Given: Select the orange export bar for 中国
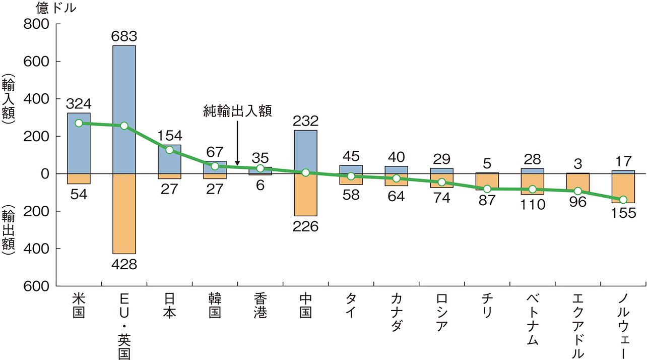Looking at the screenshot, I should pyautogui.click(x=305, y=195).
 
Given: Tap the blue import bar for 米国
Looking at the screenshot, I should pyautogui.click(x=79, y=143).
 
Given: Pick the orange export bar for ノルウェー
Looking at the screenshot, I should pyautogui.click(x=623, y=189).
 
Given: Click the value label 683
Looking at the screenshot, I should pyautogui.click(x=124, y=37).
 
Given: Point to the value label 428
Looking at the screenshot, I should pyautogui.click(x=124, y=264).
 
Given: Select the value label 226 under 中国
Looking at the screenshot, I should pyautogui.click(x=305, y=226).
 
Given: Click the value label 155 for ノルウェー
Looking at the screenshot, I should pyautogui.click(x=623, y=213).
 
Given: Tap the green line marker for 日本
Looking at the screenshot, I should pyautogui.click(x=169, y=150).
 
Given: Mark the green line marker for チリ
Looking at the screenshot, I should pyautogui.click(x=487, y=189).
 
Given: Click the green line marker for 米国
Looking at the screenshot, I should pyautogui.click(x=79, y=123).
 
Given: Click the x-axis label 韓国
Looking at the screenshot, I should pyautogui.click(x=215, y=306).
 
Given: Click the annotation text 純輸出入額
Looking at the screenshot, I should pyautogui.click(x=237, y=111).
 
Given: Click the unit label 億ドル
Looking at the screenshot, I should pyautogui.click(x=56, y=9).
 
